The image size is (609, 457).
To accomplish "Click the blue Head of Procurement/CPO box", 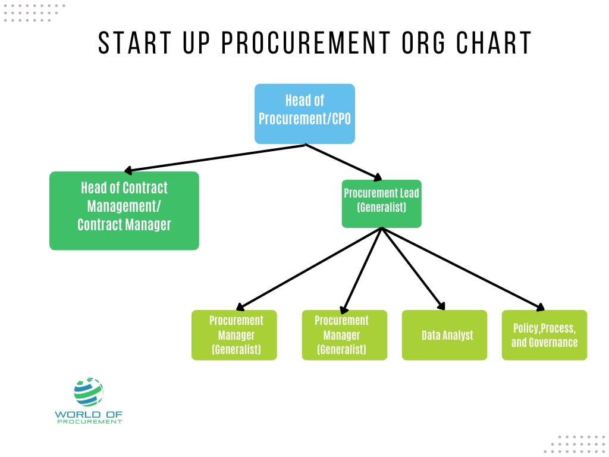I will coord(304,114).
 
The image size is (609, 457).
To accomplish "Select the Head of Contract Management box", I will coord(124,210).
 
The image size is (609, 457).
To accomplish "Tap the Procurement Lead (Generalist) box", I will coord(381,204).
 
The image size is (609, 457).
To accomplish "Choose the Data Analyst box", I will coord(444,335).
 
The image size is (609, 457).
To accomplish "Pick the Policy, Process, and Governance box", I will coord(544,335).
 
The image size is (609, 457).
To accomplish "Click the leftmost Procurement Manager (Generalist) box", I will coord(234,335).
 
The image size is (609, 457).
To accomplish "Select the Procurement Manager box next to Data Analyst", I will coord(344,335).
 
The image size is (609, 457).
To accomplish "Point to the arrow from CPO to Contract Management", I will coord(214,158).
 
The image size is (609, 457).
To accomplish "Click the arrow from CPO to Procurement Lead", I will coord(343,161).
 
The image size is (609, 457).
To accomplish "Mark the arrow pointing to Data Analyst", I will coord(413,269).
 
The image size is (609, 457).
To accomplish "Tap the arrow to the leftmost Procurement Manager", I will coord(309,269).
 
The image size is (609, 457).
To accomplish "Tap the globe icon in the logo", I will coord(89,391).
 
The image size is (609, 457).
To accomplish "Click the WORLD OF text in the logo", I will coord(89,414).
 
